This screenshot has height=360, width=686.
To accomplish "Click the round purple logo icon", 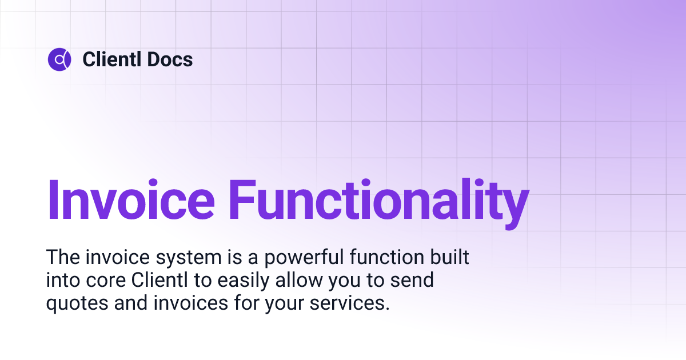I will click(x=59, y=59).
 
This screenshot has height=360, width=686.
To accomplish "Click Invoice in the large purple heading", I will click(x=131, y=201).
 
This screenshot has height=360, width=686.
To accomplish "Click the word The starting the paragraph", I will click(x=61, y=257).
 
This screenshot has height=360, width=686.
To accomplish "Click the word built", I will click(x=449, y=257).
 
